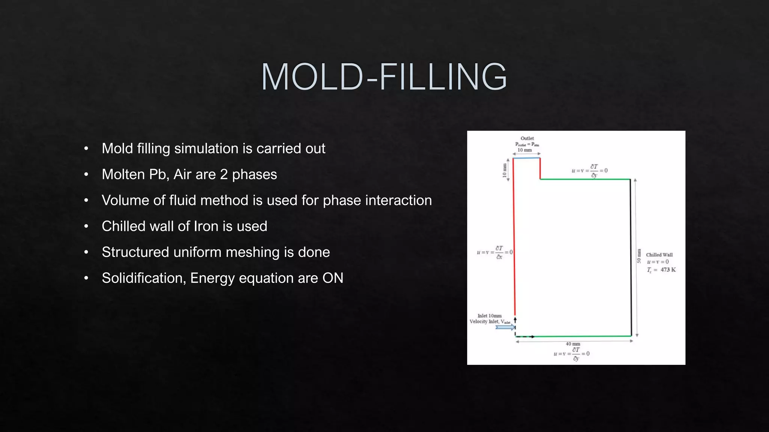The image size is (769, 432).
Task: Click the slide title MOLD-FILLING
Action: [x=384, y=77]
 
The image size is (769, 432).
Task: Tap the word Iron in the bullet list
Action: [x=205, y=226]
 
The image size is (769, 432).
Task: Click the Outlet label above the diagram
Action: [x=527, y=138]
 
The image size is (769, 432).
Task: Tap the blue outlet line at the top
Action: [x=526, y=158]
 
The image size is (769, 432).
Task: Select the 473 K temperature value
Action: [x=668, y=270]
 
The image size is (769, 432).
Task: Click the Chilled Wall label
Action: [x=659, y=255]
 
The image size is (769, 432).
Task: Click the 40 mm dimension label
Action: [x=573, y=343]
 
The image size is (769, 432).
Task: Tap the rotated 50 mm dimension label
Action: [x=639, y=256]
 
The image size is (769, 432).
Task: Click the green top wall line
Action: [x=585, y=179]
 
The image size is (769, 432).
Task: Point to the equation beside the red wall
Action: [x=495, y=252]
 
